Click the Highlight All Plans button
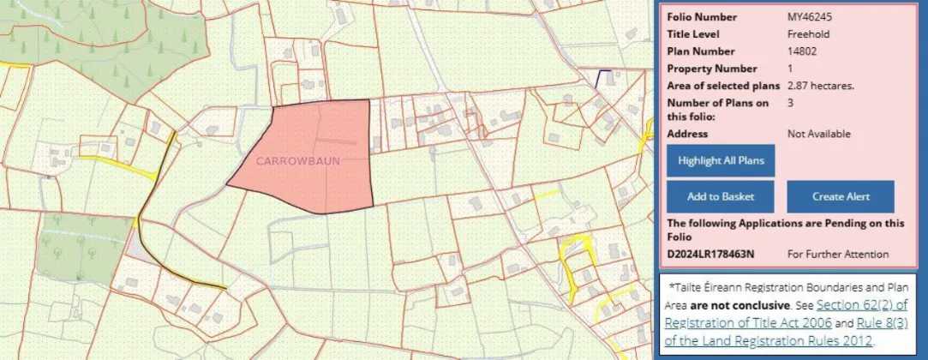pyautogui.click(x=721, y=160)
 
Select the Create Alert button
pyautogui.click(x=840, y=196)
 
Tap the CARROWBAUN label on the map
pyautogui.click(x=297, y=160)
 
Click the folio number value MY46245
pyautogui.click(x=810, y=17)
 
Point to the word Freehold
pyautogui.click(x=808, y=34)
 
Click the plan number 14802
pyautogui.click(x=803, y=51)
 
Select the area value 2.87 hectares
pyautogui.click(x=821, y=86)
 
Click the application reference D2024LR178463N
pyautogui.click(x=710, y=254)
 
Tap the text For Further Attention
pyautogui.click(x=838, y=254)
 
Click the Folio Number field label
pyautogui.click(x=702, y=17)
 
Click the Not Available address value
pyautogui.click(x=818, y=134)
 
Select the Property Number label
pyautogui.click(x=711, y=69)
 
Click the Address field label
pyautogui.click(x=687, y=134)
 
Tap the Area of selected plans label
pyautogui.click(x=722, y=86)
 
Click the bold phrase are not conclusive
pyautogui.click(x=740, y=305)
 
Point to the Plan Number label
pyautogui.click(x=700, y=51)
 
